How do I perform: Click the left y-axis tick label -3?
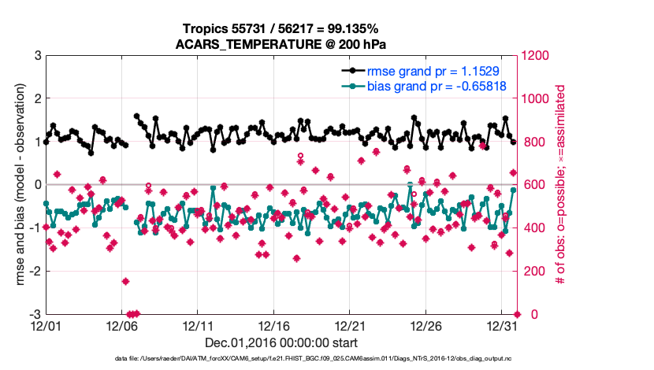(35, 314)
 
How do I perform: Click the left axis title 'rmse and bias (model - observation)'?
(15, 185)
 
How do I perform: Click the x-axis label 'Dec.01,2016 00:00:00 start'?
(281, 342)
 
